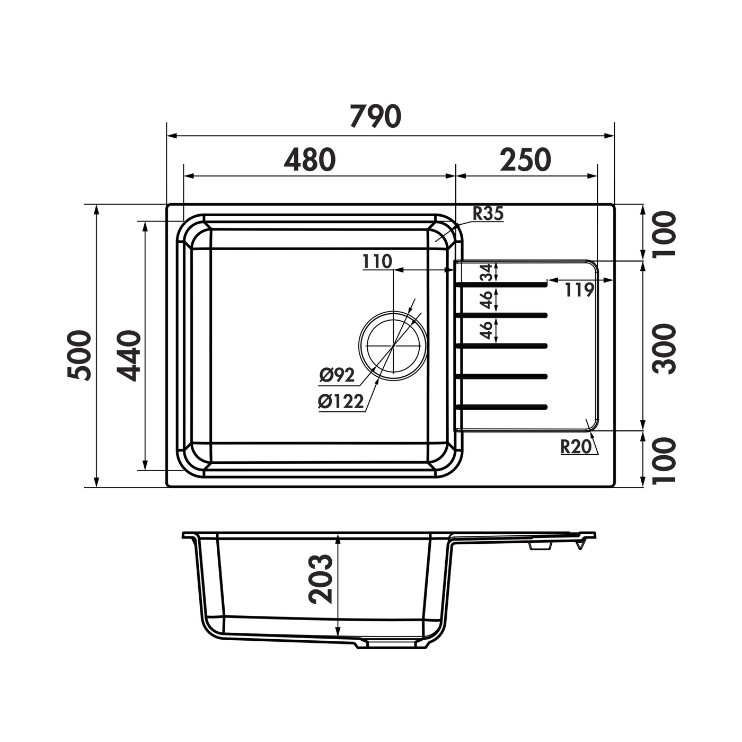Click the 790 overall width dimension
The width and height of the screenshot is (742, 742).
click(375, 116)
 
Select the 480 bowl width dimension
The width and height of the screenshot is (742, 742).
click(310, 160)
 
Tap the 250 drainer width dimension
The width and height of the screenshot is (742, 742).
click(526, 160)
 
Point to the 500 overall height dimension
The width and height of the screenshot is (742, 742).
click(79, 355)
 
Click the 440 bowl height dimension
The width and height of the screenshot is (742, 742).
click(129, 356)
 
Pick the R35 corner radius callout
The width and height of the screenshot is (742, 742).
click(488, 213)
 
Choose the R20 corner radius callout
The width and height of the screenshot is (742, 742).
click(576, 447)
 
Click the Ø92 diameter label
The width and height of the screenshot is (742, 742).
click(337, 375)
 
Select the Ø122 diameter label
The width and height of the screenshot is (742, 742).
click(341, 402)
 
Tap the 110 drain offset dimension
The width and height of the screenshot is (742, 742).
click(377, 261)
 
